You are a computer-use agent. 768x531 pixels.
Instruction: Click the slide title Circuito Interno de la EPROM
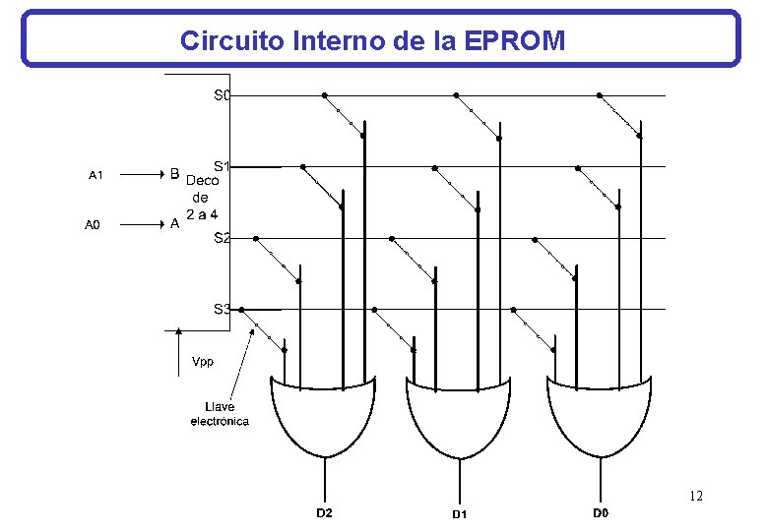pyautogui.click(x=372, y=40)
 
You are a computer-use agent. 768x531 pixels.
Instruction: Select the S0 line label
pyautogui.click(x=222, y=95)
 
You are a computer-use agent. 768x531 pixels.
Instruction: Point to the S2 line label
pyautogui.click(x=222, y=237)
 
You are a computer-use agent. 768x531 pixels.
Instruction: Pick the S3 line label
pyautogui.click(x=222, y=309)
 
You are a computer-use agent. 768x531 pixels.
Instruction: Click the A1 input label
pyautogui.click(x=96, y=176)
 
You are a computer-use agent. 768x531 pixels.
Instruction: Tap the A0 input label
pyautogui.click(x=93, y=225)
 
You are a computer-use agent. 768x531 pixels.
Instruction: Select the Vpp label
pyautogui.click(x=202, y=361)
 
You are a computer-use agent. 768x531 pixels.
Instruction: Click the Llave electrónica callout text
pyautogui.click(x=220, y=414)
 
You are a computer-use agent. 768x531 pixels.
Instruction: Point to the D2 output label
pyautogui.click(x=324, y=512)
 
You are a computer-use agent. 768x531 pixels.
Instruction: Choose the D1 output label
pyautogui.click(x=459, y=513)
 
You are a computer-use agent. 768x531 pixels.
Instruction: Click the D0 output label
pyautogui.click(x=600, y=512)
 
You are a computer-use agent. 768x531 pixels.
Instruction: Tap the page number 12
pyautogui.click(x=696, y=496)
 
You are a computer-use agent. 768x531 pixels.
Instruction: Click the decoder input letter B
pyautogui.click(x=174, y=175)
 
